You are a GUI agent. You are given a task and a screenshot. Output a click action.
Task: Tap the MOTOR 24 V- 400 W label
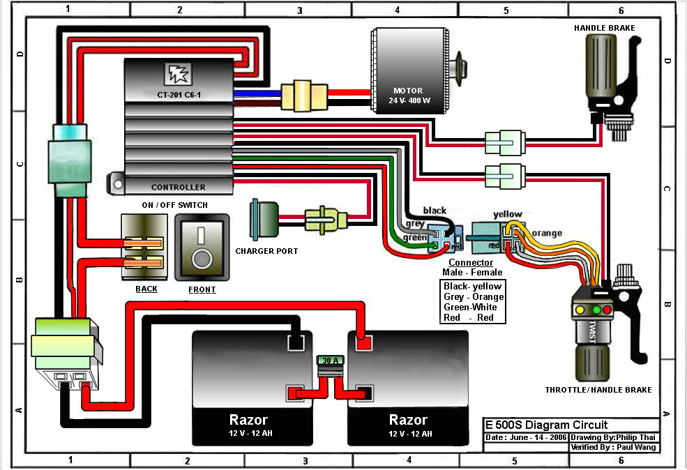[x=409, y=95]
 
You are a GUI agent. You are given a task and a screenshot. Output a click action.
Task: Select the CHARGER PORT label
[x=266, y=251]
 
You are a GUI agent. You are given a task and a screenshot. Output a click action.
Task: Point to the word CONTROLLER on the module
[x=179, y=187]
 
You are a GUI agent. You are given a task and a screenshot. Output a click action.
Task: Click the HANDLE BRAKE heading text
[x=605, y=28]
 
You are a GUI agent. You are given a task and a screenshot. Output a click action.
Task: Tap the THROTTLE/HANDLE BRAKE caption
[x=599, y=390]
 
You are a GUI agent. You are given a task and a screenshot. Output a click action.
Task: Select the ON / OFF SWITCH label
[x=174, y=204]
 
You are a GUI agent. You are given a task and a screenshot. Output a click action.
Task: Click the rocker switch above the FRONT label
[x=202, y=248]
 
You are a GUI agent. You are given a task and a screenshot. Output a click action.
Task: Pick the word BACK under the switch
[x=146, y=289]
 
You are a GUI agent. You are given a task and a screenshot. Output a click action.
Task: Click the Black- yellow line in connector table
[x=472, y=286]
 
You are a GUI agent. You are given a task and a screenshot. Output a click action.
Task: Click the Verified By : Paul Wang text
[x=613, y=447]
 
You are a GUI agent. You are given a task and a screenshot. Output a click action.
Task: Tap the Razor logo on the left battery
[x=248, y=420]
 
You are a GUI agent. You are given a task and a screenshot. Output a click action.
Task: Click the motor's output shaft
[x=462, y=66]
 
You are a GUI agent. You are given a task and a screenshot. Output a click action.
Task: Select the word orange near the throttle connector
[x=546, y=233]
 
